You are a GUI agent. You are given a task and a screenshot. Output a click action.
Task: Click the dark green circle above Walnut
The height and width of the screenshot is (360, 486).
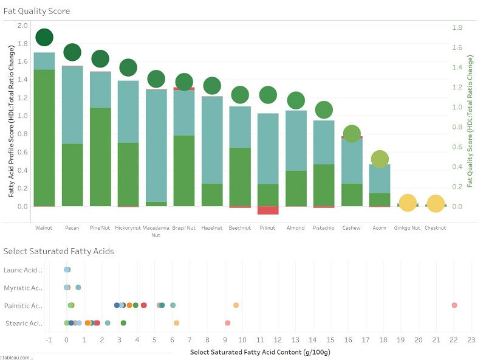pyautogui.click(x=44, y=37)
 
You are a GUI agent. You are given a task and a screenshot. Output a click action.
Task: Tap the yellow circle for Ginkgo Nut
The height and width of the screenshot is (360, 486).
pyautogui.click(x=407, y=204)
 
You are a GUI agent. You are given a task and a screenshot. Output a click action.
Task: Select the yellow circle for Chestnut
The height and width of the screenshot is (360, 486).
pyautogui.click(x=435, y=204)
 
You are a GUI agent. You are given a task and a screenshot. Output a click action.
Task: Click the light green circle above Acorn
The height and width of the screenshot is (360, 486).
pyautogui.click(x=380, y=159)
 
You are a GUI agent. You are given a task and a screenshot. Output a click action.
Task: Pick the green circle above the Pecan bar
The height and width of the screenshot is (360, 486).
pyautogui.click(x=72, y=52)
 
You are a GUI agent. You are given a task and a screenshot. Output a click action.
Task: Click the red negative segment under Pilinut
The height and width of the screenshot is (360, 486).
pyautogui.click(x=268, y=210)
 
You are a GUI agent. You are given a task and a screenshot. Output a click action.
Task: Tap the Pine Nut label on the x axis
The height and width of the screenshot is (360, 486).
pyautogui.click(x=100, y=228)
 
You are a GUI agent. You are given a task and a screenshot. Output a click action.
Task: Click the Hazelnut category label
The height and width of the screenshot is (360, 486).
pyautogui.click(x=212, y=228)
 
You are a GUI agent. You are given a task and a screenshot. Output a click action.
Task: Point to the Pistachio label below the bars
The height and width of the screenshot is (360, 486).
pyautogui.click(x=324, y=228)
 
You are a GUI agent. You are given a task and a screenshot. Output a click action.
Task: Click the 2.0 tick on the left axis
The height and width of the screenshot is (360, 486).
pyautogui.click(x=22, y=26)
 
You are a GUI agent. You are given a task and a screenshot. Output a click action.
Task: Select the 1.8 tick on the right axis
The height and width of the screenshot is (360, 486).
pyautogui.click(x=457, y=28)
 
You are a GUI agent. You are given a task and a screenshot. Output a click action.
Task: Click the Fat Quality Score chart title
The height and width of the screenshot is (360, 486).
pyautogui.click(x=36, y=11)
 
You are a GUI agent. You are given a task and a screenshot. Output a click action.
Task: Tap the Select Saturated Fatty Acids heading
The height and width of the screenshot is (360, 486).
pyautogui.click(x=58, y=251)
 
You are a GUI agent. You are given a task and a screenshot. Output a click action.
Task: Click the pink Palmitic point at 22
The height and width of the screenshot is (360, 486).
pyautogui.click(x=454, y=305)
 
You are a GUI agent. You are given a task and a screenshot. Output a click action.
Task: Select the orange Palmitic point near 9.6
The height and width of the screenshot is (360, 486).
pyautogui.click(x=236, y=305)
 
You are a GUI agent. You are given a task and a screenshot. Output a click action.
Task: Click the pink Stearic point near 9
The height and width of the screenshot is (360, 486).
pyautogui.click(x=227, y=323)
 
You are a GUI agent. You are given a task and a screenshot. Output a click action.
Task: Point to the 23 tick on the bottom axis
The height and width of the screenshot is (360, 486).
pyautogui.click(x=471, y=341)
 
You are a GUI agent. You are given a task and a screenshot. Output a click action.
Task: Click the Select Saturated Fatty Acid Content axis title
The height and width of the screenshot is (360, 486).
pyautogui.click(x=260, y=352)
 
